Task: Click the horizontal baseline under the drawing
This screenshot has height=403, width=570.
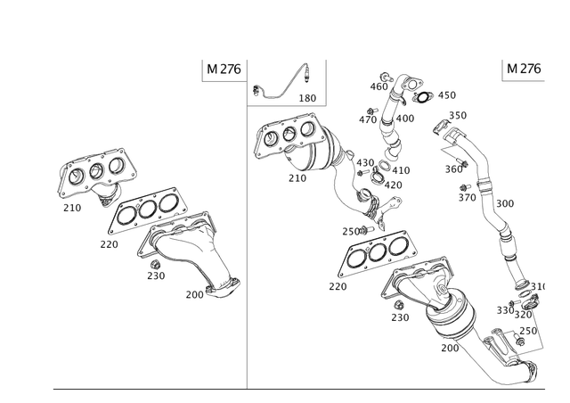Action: click(x=303, y=390)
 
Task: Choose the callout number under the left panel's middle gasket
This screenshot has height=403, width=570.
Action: click(x=109, y=243)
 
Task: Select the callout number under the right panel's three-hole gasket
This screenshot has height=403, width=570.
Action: click(x=338, y=286)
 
